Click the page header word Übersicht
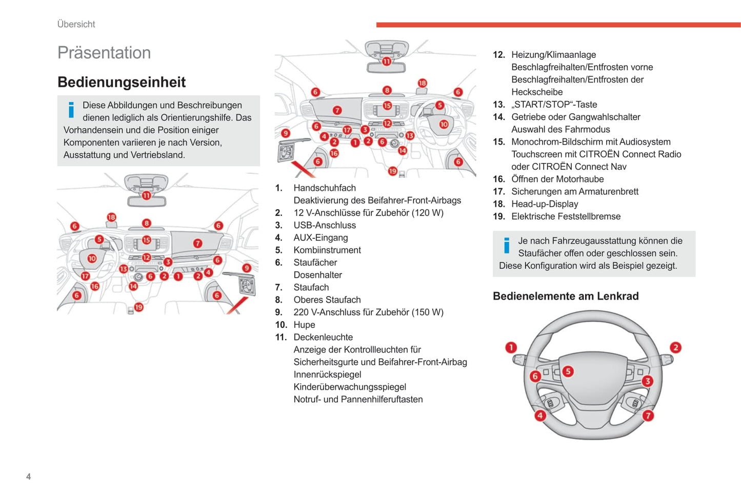pyautogui.click(x=76, y=24)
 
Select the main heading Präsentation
pyautogui.click(x=104, y=53)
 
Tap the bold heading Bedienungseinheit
pyautogui.click(x=122, y=82)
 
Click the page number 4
pyautogui.click(x=29, y=477)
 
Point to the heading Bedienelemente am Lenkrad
pyautogui.click(x=566, y=296)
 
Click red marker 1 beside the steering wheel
pyautogui.click(x=511, y=347)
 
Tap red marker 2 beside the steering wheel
pyautogui.click(x=675, y=347)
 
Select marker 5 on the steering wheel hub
pyautogui.click(x=568, y=371)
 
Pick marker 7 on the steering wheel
pyautogui.click(x=648, y=416)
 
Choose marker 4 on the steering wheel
pyautogui.click(x=540, y=416)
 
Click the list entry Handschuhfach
pyautogui.click(x=325, y=188)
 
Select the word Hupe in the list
pyautogui.click(x=304, y=325)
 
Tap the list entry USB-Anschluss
pyautogui.click(x=325, y=225)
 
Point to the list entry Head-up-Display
pyautogui.click(x=545, y=204)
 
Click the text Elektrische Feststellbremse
pyautogui.click(x=566, y=216)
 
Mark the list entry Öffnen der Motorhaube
pyautogui.click(x=557, y=179)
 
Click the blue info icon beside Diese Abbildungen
pyautogui.click(x=71, y=110)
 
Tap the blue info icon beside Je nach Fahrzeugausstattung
pyautogui.click(x=507, y=245)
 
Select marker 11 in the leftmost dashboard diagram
pyautogui.click(x=147, y=195)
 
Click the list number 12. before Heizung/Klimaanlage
pyautogui.click(x=498, y=55)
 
